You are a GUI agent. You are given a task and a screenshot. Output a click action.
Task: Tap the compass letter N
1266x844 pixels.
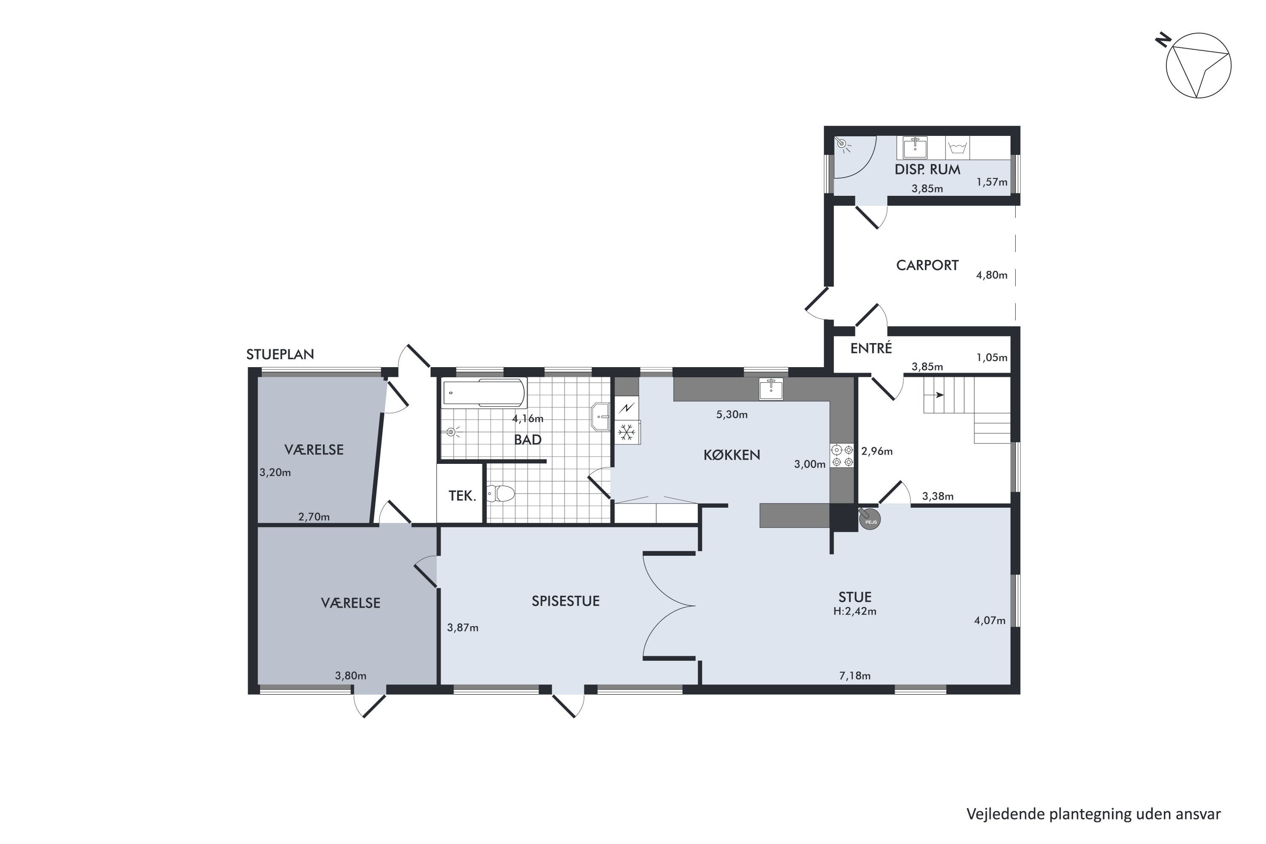click(x=1164, y=41)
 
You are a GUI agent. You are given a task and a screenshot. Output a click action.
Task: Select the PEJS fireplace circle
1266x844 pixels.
click(x=869, y=520)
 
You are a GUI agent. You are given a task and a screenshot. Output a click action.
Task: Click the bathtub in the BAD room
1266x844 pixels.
click(x=483, y=393)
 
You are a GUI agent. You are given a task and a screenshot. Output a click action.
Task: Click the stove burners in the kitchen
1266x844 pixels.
click(x=842, y=455)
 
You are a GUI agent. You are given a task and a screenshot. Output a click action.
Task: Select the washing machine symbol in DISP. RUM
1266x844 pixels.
click(x=957, y=147)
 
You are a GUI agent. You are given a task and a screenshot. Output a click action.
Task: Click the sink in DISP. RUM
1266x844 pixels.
click(x=915, y=147)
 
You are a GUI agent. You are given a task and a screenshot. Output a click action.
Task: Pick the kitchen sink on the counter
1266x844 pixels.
click(x=771, y=389)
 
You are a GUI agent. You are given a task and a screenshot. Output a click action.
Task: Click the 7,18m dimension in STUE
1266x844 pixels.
click(x=855, y=676)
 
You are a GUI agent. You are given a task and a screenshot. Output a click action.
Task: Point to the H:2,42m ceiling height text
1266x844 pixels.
click(x=855, y=611)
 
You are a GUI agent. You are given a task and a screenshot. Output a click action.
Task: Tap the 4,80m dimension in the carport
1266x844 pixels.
click(x=991, y=275)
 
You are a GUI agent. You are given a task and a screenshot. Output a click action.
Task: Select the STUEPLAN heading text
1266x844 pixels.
click(x=280, y=354)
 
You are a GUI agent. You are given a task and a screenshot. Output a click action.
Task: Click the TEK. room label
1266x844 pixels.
click(x=463, y=496)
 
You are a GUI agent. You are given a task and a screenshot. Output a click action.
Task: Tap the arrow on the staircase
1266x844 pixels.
click(x=939, y=395)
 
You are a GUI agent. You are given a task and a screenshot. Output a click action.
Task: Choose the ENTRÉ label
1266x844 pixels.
click(x=871, y=348)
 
